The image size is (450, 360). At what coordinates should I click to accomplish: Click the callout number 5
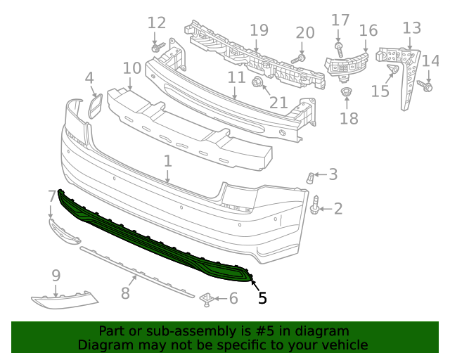(262, 298)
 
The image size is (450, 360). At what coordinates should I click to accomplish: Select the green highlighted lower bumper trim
(155, 239)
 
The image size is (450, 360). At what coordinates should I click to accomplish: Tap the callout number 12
(156, 22)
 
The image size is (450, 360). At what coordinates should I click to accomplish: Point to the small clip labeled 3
(309, 176)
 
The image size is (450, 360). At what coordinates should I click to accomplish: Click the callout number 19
(259, 30)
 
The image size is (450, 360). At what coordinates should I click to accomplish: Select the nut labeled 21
(257, 84)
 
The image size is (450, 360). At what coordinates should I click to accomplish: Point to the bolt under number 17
(339, 49)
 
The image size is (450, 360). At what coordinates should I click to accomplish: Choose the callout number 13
(411, 28)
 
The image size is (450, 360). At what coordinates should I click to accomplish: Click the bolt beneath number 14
(425, 85)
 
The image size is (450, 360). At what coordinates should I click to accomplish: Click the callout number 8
(125, 292)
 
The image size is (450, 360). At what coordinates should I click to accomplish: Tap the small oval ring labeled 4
(94, 106)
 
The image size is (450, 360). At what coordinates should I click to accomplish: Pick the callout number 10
(131, 68)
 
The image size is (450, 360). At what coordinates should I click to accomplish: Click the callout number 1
(167, 162)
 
